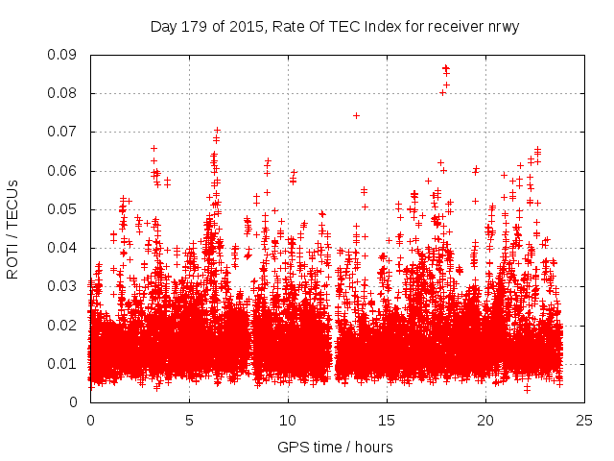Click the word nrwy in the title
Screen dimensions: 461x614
pos(502,27)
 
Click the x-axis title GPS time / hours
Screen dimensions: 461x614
pos(336,447)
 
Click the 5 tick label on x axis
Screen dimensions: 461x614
pos(189,420)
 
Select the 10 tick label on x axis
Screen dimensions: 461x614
pos(288,420)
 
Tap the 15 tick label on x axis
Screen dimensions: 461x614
pos(387,420)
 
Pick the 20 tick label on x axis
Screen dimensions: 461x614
pos(485,420)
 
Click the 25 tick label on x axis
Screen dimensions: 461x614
pos(584,420)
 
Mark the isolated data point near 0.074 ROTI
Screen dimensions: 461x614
pos(356,115)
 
